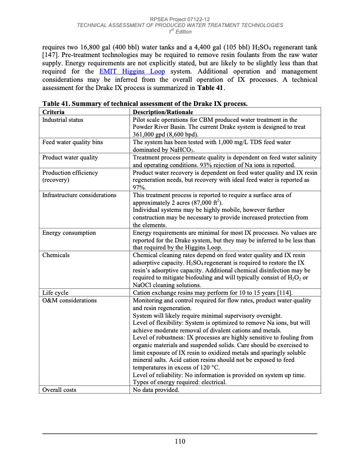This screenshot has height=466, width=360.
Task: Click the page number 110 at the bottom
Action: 180,441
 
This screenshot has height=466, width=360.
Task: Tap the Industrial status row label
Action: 63,119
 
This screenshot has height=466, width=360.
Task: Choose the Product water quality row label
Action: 70,157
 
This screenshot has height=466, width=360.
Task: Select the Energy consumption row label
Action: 69,233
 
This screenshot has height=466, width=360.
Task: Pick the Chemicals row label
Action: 56,256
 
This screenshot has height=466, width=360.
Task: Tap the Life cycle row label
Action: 55,292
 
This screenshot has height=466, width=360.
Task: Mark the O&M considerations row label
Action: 69,300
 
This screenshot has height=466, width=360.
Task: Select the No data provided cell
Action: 156,390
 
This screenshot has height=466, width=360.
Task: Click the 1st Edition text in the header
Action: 180,31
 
